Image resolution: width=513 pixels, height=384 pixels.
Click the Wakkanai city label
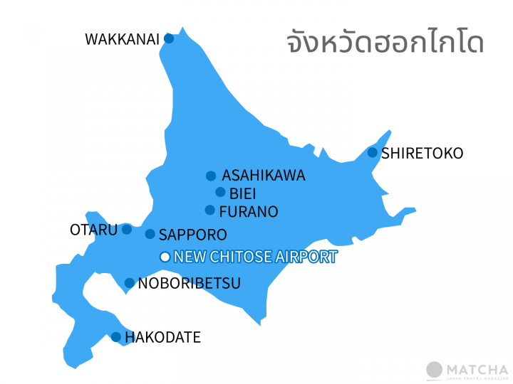coord(122,39)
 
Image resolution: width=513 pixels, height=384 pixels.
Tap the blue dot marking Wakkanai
coord(169,38)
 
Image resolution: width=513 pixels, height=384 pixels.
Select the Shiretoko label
coord(422,153)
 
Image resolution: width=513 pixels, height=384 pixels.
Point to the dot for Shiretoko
coord(372,152)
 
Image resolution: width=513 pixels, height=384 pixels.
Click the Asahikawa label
coord(264,176)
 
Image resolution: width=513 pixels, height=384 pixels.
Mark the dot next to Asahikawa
coord(211,176)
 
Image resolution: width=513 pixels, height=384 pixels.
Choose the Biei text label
coord(243,193)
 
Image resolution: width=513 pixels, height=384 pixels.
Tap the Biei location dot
coord(220,192)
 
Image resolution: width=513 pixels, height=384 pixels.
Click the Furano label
coord(249,211)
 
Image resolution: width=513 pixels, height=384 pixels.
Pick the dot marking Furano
coord(210,210)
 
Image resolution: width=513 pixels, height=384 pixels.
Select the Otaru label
coord(93,230)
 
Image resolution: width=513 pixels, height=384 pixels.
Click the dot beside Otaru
coord(127,229)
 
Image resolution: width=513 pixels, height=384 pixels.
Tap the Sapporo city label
coord(193,235)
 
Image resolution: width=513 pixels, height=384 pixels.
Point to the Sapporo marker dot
coord(150,234)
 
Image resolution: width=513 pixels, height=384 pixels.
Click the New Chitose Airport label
coord(255,257)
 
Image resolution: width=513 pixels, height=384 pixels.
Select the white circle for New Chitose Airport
coord(165,257)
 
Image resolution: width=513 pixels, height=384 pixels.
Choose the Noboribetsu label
coord(189,283)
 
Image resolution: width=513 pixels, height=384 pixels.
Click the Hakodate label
coord(162,338)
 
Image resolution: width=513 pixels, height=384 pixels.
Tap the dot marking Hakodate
coord(115,337)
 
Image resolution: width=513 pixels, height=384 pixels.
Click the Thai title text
coord(385,43)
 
